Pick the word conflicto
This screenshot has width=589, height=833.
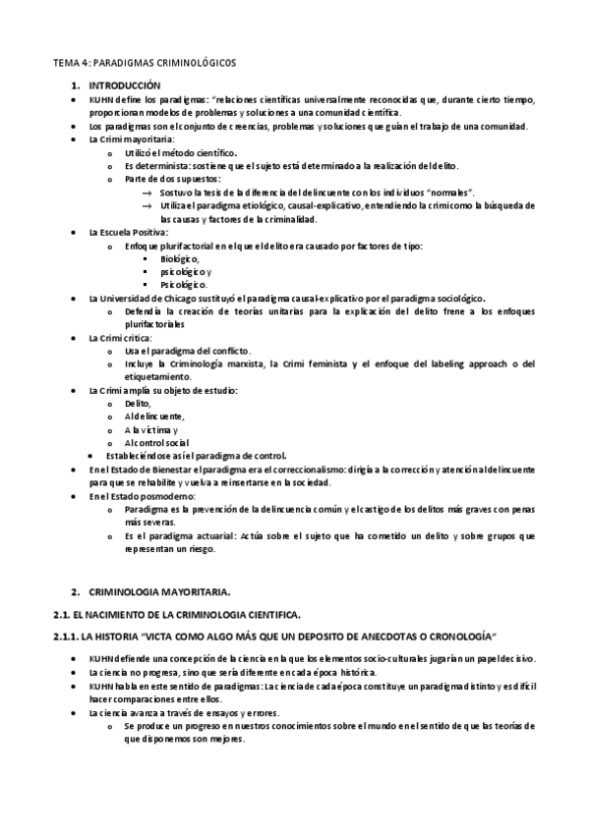click(x=229, y=351)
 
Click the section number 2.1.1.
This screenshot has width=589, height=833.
click(x=67, y=637)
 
